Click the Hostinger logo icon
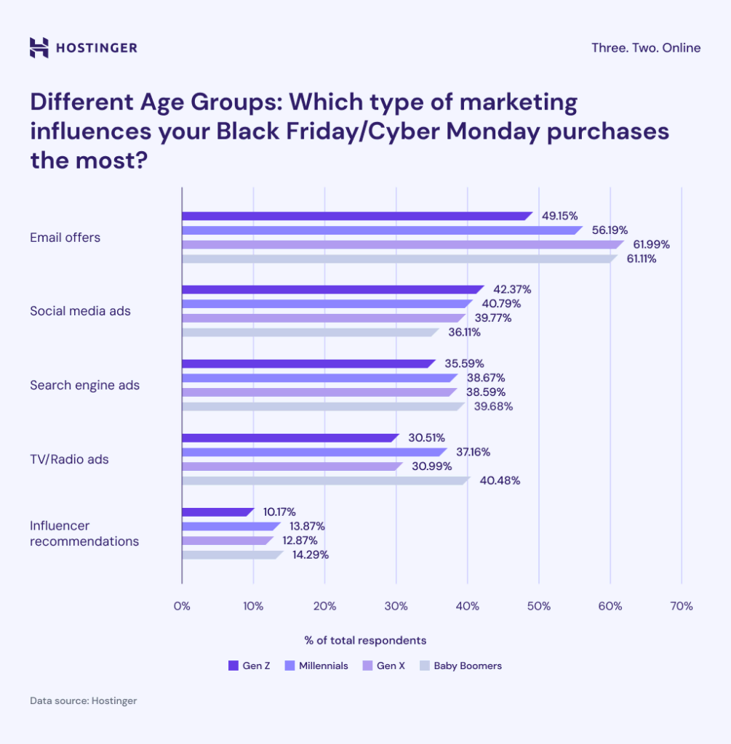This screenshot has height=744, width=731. [x=39, y=47]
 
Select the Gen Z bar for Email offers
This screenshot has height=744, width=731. [x=356, y=216]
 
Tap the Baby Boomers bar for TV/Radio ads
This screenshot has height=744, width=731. [x=325, y=480]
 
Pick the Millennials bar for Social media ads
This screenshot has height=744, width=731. [x=326, y=304]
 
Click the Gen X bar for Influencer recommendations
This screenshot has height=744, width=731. [x=227, y=541]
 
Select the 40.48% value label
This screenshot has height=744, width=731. [x=501, y=480]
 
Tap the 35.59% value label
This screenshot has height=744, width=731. [x=464, y=363]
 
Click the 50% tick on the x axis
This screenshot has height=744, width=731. [x=538, y=606]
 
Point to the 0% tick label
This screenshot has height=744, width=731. [x=182, y=606]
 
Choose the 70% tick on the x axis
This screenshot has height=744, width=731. [x=681, y=606]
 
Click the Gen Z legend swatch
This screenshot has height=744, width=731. [x=233, y=666]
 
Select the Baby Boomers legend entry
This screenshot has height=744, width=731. [x=467, y=666]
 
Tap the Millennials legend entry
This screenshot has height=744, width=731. [x=322, y=666]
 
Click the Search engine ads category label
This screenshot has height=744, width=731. [x=84, y=385]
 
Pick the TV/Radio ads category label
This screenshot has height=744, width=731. [x=69, y=459]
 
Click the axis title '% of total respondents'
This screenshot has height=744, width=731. [x=365, y=640]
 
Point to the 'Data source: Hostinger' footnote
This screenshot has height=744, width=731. [x=83, y=701]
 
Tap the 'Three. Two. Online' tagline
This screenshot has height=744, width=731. [x=646, y=48]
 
